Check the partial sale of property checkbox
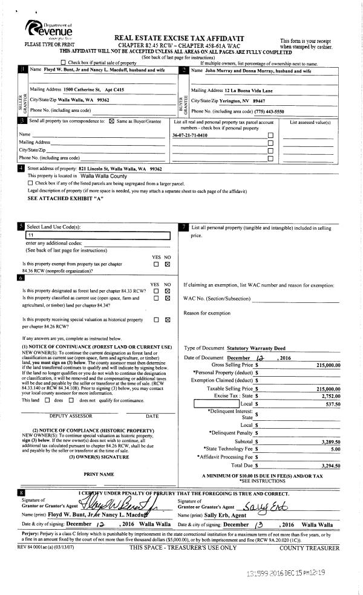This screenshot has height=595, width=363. click(64, 63)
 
